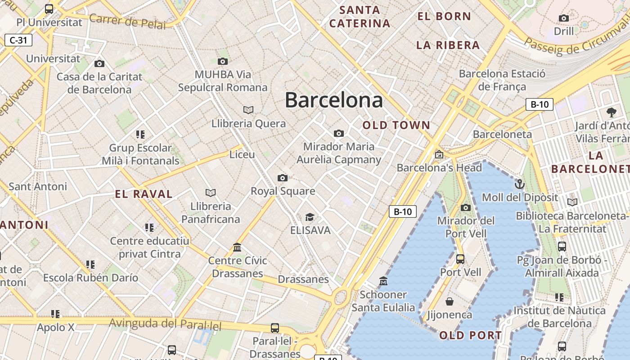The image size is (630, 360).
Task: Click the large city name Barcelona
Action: (334, 99)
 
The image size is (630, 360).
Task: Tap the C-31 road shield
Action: (18, 40)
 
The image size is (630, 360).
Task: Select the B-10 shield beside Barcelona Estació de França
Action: (539, 104)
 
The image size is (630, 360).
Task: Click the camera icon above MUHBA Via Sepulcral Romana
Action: (222, 62)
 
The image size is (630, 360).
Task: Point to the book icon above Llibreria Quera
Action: (248, 110)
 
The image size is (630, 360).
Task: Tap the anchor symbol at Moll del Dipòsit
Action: (520, 184)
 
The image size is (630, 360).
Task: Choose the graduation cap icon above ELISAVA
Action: (310, 217)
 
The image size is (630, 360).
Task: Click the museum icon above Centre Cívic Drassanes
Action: (237, 247)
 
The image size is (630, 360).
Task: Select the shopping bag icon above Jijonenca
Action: (449, 301)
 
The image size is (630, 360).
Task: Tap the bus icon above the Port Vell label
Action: (460, 259)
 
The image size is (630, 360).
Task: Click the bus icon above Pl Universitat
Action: (49, 9)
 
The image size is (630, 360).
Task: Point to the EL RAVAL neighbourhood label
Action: (144, 194)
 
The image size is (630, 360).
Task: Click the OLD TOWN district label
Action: (396, 125)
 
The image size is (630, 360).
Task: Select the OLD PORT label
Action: (470, 335)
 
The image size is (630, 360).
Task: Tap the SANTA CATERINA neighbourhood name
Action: (360, 17)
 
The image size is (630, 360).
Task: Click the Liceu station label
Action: (242, 155)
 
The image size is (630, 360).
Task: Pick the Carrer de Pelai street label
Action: (127, 21)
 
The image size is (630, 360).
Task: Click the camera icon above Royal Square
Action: (282, 178)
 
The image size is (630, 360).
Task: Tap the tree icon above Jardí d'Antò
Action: (611, 112)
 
